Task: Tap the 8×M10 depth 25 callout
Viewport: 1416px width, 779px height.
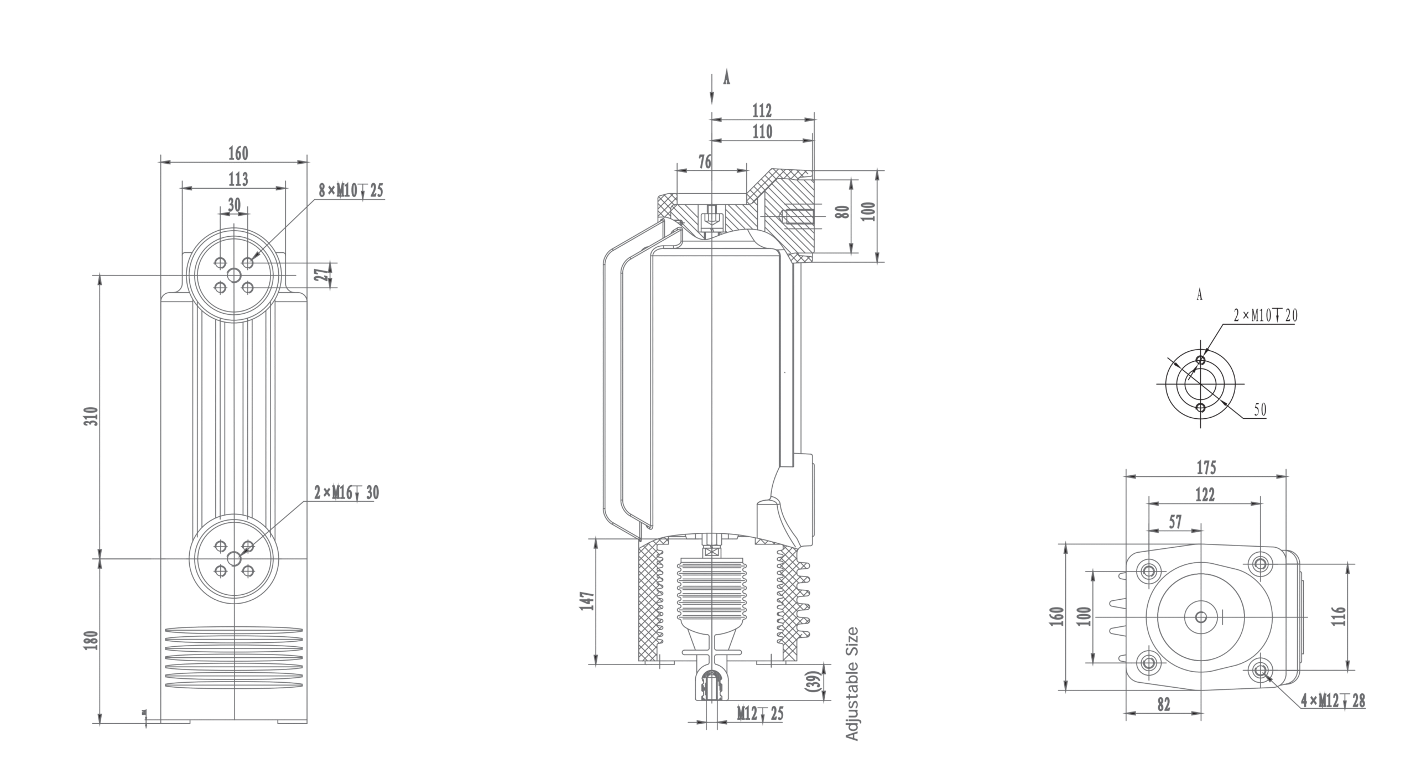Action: point(351,191)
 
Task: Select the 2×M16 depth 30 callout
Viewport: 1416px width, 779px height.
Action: point(347,493)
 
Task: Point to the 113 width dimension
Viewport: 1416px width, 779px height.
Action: point(238,179)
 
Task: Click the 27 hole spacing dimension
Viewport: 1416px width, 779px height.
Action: point(321,274)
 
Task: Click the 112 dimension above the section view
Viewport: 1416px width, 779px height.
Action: point(762,111)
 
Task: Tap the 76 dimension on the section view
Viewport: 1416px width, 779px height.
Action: point(705,162)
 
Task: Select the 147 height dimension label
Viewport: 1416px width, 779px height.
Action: point(587,601)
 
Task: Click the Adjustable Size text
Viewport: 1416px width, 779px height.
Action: point(852,684)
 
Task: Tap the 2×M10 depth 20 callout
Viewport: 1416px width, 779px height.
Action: point(1266,315)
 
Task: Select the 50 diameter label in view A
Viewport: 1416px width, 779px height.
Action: point(1259,410)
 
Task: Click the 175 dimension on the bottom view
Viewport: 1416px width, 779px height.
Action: point(1206,468)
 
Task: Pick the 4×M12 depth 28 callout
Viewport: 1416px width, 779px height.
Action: point(1333,702)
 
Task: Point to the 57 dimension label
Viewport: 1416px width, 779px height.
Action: point(1175,522)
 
